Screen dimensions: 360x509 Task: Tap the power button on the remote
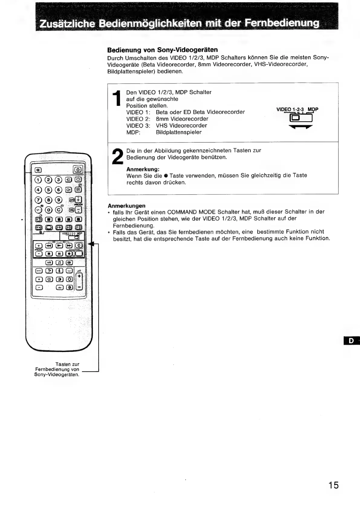[x=78, y=170]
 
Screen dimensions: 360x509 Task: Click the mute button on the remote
[x=39, y=170]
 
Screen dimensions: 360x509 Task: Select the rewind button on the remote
[x=49, y=246]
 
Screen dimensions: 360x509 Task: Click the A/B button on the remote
[x=49, y=262]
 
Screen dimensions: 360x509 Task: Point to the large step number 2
[x=117, y=157]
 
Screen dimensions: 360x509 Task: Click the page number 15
[x=334, y=485]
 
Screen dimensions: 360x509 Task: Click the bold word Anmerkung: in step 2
[x=143, y=169]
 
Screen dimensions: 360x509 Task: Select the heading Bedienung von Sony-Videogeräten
[x=163, y=50]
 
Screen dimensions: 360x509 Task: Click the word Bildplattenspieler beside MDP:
[x=179, y=132]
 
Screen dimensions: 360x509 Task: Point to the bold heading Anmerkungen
[x=126, y=206]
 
